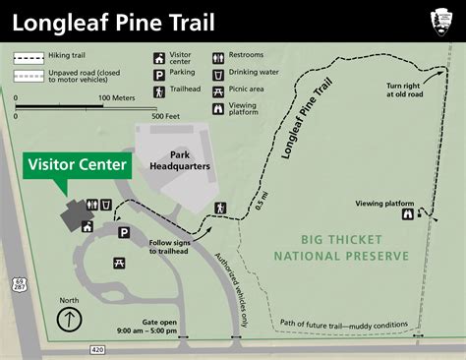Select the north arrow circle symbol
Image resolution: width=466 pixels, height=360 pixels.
pos(68,319)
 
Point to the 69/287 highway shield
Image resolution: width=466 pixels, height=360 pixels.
pos(20,284)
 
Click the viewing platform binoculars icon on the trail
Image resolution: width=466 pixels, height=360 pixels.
pos(407,217)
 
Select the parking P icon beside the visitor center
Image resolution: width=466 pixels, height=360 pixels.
pos(125,232)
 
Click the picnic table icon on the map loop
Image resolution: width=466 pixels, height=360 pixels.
pos(120,263)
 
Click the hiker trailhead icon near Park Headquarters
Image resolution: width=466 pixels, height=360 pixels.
pos(221,208)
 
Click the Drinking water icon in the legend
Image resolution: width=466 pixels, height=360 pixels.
pos(217,74)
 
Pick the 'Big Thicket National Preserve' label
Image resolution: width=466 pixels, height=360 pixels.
pos(340,248)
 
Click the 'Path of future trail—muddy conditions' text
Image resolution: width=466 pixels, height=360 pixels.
pos(342,324)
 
